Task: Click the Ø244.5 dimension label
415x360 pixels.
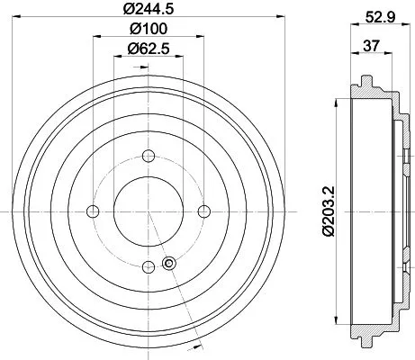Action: (148, 12)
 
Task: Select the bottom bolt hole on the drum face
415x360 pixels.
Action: (148, 265)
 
